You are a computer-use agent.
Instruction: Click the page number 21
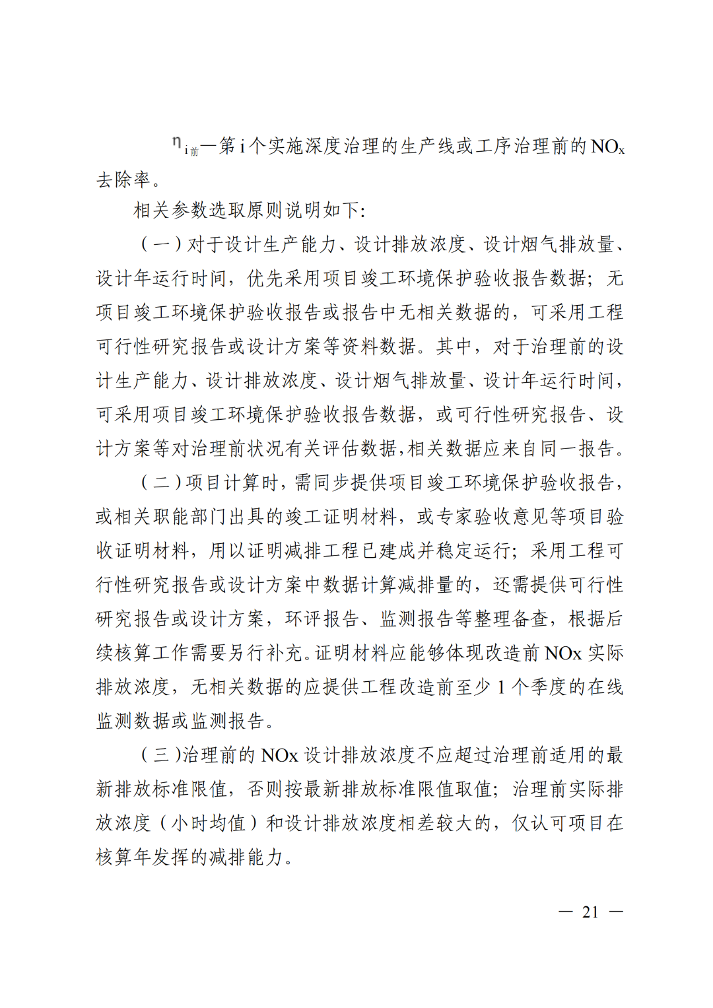(590, 912)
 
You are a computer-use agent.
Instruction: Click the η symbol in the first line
(176, 143)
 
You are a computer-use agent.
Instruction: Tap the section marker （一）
(161, 244)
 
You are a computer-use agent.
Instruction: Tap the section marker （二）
(161, 483)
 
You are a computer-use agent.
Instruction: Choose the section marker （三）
(160, 755)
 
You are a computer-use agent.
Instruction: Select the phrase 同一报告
(578, 449)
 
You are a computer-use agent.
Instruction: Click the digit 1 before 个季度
(502, 688)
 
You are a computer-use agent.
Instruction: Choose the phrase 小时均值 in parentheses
(208, 823)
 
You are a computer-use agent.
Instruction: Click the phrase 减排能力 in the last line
(247, 857)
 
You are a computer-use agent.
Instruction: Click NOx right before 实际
(563, 654)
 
